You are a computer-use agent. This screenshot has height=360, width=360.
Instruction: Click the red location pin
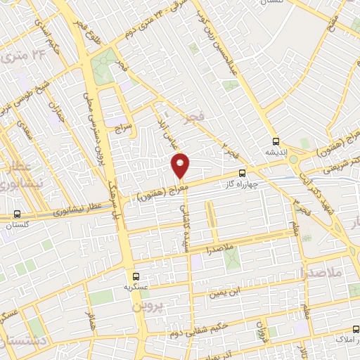point(181,165)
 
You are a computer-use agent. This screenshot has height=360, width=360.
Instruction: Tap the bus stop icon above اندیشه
point(275,140)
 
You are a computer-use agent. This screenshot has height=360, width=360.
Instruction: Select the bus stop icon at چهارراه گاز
point(243,172)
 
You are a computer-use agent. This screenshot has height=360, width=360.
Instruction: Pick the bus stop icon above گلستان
point(17,214)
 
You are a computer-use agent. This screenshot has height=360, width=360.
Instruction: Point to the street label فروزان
point(261,328)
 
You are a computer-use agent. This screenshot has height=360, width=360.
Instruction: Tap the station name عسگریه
point(137,288)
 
